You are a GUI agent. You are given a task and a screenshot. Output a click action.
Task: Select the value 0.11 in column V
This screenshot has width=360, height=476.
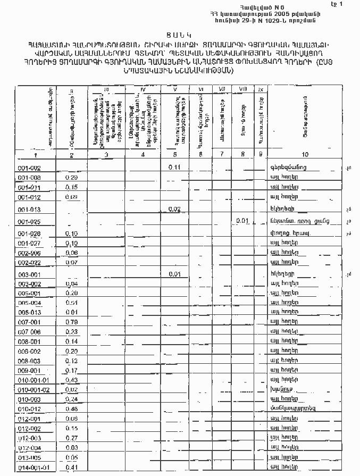(x=173, y=167)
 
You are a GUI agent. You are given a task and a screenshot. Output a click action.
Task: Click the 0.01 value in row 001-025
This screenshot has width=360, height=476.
(x=242, y=220)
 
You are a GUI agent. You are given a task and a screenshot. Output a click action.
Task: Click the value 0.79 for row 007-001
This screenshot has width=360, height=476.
(x=71, y=322)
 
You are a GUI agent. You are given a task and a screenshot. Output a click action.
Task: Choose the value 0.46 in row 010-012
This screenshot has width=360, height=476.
(x=71, y=409)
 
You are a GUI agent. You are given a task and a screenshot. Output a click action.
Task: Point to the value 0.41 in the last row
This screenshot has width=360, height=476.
(x=71, y=467)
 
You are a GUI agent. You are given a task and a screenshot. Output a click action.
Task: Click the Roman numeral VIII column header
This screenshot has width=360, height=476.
(x=243, y=88)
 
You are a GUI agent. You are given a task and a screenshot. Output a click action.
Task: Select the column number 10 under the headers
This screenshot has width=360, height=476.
(x=304, y=155)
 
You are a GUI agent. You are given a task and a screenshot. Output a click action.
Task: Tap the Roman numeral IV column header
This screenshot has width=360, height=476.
(x=143, y=89)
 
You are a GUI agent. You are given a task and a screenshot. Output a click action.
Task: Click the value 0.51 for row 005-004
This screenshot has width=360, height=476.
(x=71, y=303)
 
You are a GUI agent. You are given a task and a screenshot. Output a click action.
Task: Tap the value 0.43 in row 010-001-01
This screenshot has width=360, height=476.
(x=71, y=380)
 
